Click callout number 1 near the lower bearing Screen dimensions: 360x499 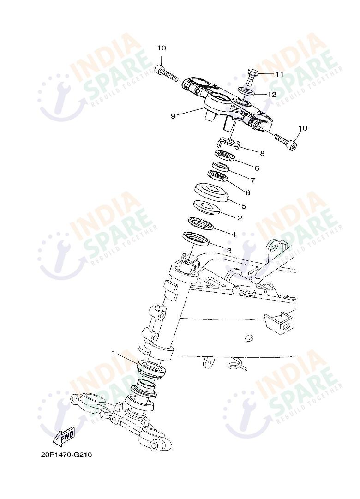114,353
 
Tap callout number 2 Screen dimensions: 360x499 240,218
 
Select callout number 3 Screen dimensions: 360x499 229,250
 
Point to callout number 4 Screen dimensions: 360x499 234,234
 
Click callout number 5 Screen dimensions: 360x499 244,206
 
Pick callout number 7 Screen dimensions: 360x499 253,180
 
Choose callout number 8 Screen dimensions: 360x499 262,153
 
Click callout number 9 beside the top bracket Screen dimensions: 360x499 173,116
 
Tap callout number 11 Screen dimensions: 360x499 279,74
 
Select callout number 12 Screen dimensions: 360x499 272,95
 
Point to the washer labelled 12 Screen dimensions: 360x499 246,91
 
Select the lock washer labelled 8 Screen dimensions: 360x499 229,143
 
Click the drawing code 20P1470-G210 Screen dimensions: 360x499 66,454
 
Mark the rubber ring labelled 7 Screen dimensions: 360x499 221,167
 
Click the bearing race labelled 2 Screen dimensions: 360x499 206,207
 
